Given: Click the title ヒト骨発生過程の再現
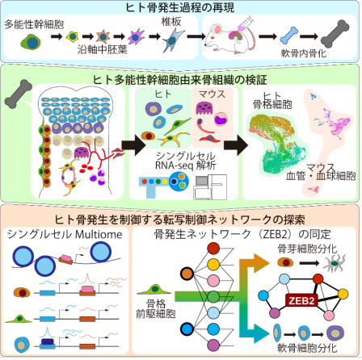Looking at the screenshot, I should pyautogui.click(x=180, y=7).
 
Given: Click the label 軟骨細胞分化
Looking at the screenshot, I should pyautogui.click(x=311, y=351).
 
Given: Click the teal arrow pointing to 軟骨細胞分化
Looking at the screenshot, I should pyautogui.click(x=259, y=327).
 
